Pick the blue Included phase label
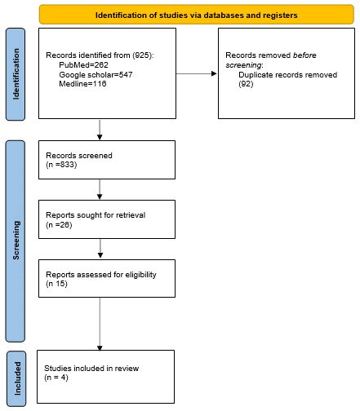tap(16, 378)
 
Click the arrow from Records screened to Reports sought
tap(100, 188)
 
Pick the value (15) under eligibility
tap(56, 283)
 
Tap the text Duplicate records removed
tap(282, 73)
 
